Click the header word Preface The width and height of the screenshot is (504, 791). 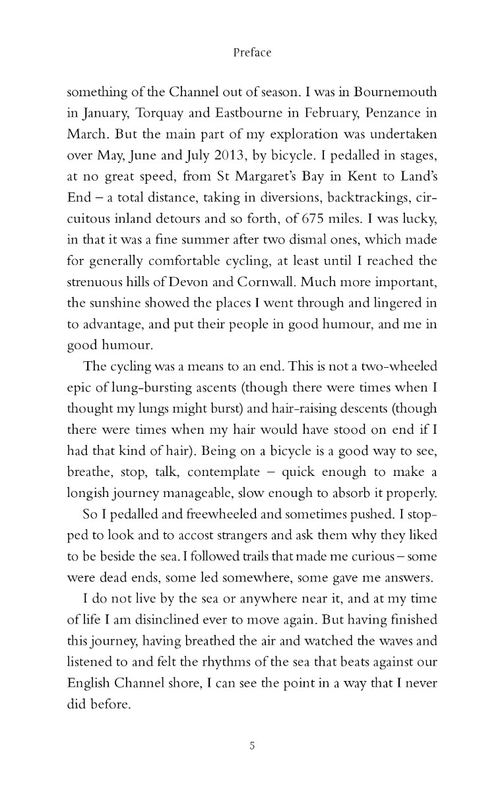[252, 53]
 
